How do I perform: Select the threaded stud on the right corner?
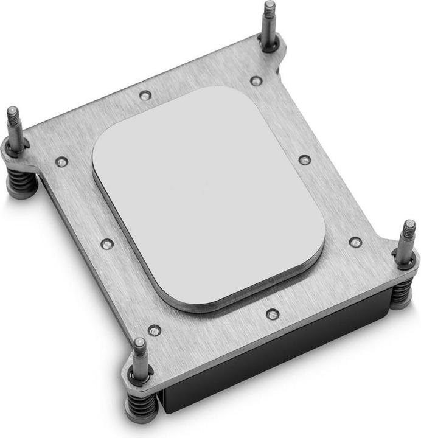(406, 240)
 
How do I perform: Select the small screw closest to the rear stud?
(256, 81)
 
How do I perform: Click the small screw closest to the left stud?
(61, 162)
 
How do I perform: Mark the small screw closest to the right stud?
(356, 242)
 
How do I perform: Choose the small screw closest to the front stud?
(155, 330)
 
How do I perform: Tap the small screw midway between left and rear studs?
(145, 96)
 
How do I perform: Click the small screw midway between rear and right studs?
(305, 160)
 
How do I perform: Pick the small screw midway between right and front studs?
(273, 314)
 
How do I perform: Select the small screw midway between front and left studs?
(107, 244)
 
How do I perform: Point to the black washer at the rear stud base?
(270, 46)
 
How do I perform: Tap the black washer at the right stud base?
(405, 262)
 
